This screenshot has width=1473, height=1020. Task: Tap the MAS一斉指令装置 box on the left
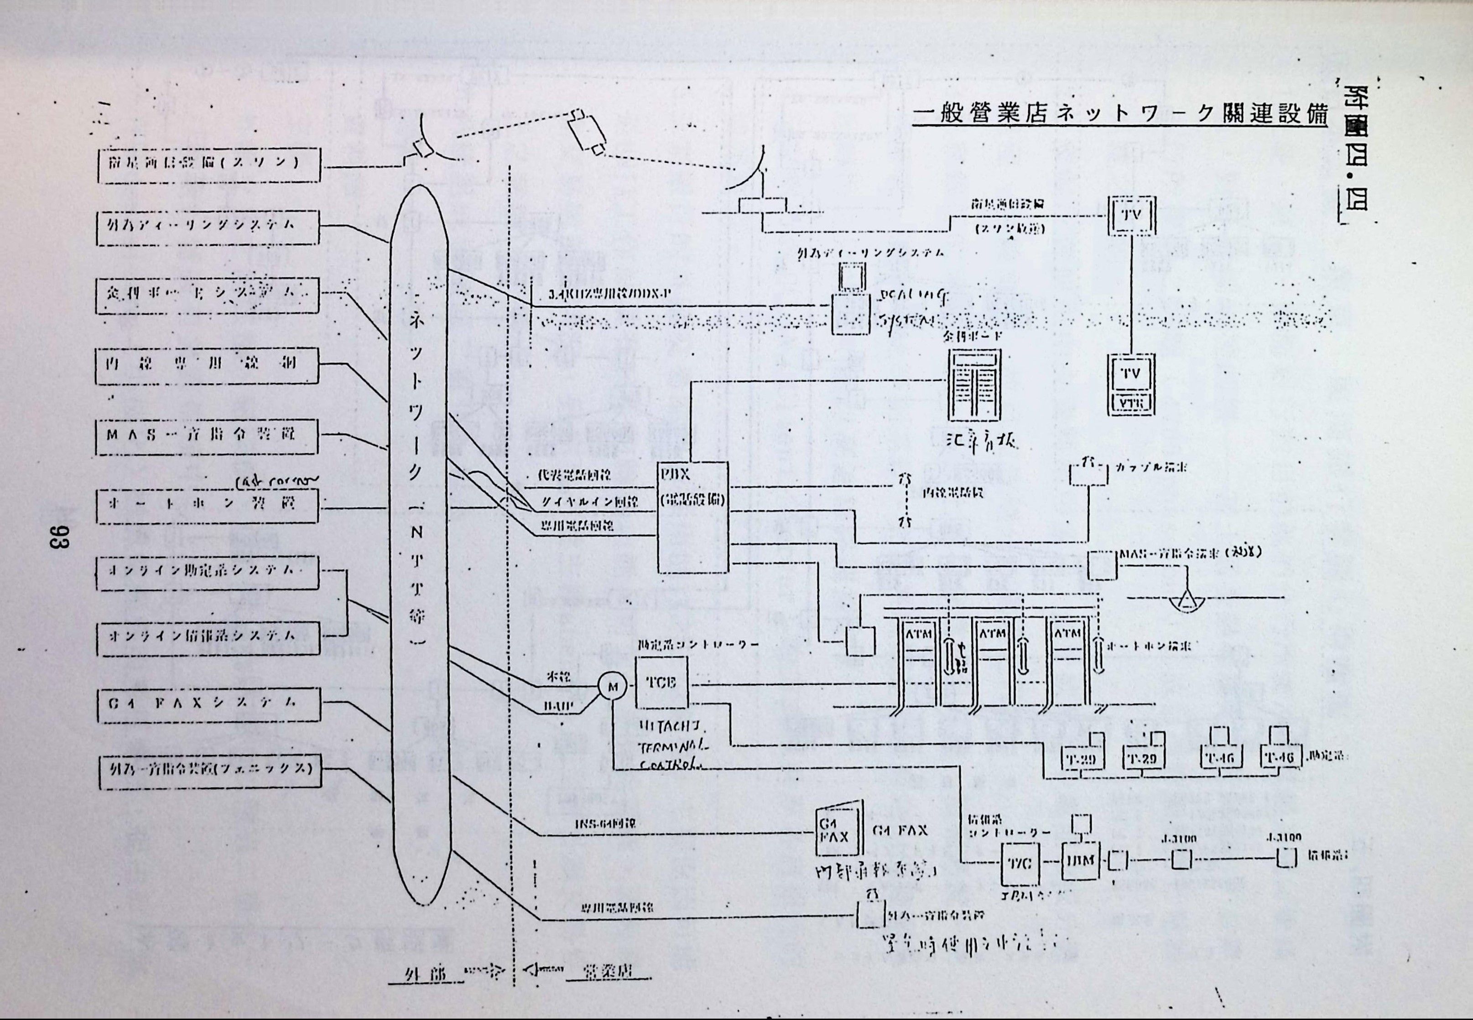[207, 436]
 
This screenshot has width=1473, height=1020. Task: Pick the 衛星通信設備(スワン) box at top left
[207, 164]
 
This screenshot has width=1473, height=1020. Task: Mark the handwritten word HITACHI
[670, 728]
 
